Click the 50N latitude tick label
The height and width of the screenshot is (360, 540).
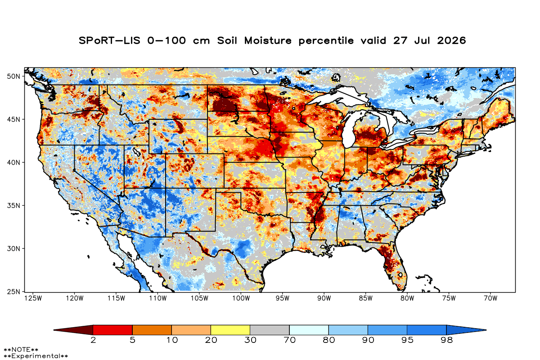coord(13,76)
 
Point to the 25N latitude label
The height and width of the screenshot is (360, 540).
coord(13,292)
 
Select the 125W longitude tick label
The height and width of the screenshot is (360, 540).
coord(33,298)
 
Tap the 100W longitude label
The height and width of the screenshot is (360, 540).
coord(241,298)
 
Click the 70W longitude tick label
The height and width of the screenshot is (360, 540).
coord(490,298)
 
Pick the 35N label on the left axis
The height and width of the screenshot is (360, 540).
coord(13,206)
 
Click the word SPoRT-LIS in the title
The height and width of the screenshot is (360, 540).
coord(109,40)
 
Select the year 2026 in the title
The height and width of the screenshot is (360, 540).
coord(451,40)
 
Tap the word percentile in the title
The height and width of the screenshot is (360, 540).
coord(326,41)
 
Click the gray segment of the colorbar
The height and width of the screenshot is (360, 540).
coord(270,330)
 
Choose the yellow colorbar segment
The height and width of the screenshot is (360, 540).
coord(230,330)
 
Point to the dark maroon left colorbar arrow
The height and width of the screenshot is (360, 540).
coord(73,330)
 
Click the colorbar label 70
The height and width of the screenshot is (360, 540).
coord(289,340)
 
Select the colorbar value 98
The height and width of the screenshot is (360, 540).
coord(447,340)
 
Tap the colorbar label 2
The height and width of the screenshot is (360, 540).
coord(93,340)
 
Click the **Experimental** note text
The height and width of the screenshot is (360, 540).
coord(36,356)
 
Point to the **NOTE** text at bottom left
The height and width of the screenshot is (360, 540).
coord(21,349)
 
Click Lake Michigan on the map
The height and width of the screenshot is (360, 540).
coord(349,130)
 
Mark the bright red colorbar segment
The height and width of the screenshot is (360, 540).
coord(113,330)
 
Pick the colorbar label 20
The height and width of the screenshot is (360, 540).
coord(211,340)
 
